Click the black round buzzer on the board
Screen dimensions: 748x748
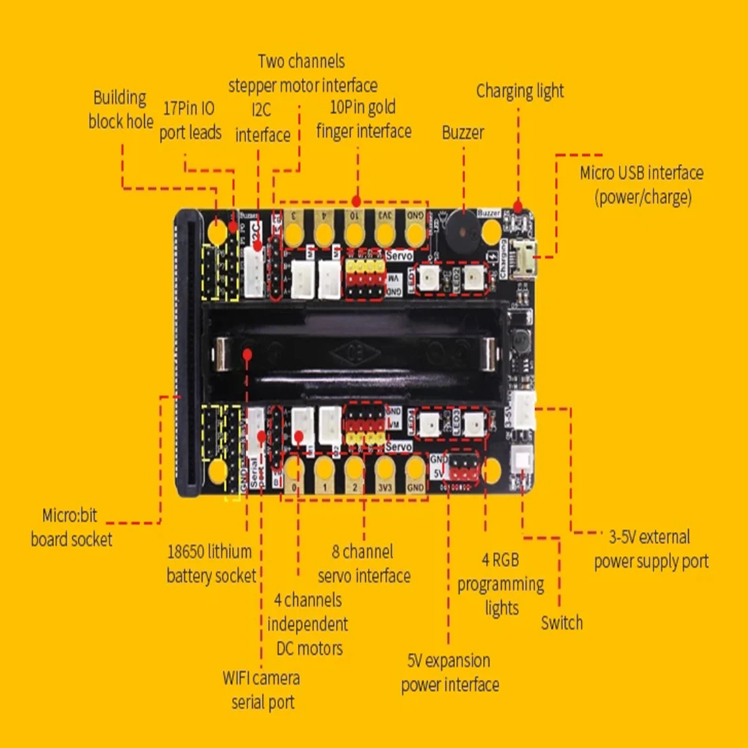click(x=462, y=231)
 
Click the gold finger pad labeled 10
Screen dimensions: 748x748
click(x=354, y=231)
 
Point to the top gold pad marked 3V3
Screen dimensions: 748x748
click(x=385, y=231)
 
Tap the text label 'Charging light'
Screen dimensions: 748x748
click(x=520, y=90)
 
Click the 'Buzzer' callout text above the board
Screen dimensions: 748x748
click(x=463, y=132)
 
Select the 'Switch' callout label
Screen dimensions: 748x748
click(x=562, y=622)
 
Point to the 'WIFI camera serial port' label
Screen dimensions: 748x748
click(x=262, y=690)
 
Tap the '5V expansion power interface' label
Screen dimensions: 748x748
click(x=449, y=673)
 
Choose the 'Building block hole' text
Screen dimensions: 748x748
click(x=120, y=109)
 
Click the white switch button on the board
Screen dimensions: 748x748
click(x=523, y=460)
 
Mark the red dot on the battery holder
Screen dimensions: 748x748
click(x=248, y=354)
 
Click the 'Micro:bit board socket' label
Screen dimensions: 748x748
click(x=71, y=527)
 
